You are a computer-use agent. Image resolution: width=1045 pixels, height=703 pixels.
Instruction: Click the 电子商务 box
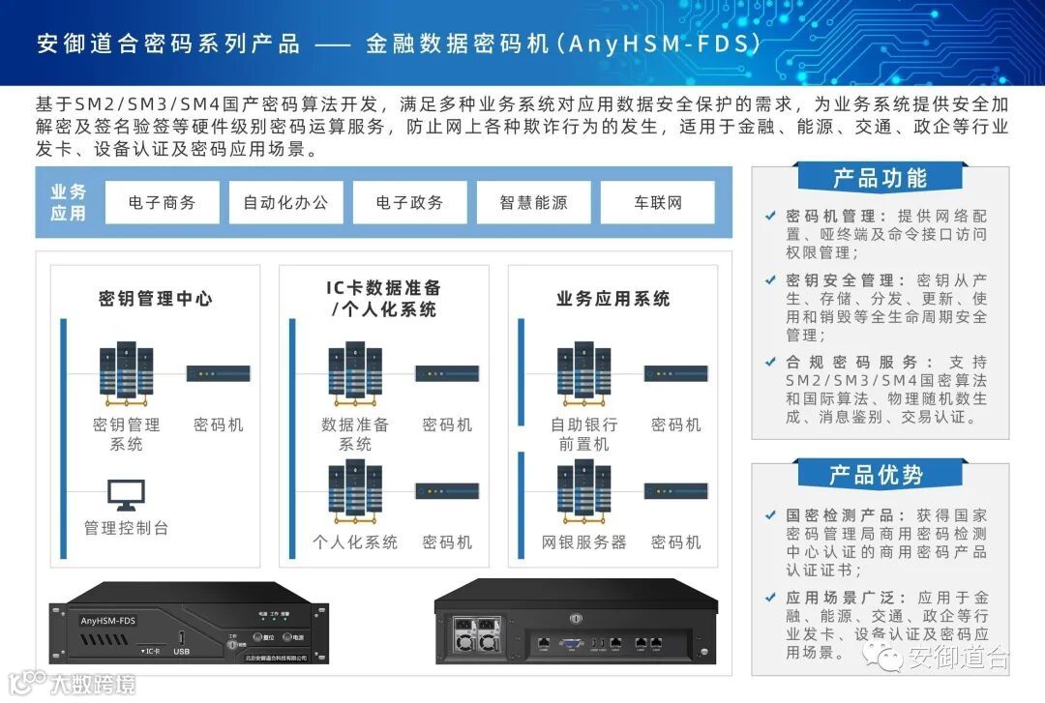point(162,203)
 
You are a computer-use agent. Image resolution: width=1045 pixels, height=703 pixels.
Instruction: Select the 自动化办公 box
point(285,203)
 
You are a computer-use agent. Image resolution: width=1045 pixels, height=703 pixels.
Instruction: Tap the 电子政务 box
point(409,203)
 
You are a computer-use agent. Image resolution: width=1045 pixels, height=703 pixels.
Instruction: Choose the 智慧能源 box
point(533,203)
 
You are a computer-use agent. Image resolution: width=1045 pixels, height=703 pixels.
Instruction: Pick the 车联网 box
point(657,203)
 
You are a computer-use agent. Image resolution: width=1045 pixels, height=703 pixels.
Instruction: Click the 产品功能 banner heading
point(880,179)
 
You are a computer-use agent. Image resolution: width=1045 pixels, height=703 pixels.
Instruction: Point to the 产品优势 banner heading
point(880,475)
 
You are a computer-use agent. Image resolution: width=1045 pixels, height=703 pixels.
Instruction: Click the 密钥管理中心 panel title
point(155,299)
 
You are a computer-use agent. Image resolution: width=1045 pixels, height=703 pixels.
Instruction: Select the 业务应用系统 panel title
point(612,299)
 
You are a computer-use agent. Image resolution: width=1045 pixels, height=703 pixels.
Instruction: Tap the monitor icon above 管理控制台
point(126,496)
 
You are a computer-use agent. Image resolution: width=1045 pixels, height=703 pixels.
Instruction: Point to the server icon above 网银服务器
point(584,491)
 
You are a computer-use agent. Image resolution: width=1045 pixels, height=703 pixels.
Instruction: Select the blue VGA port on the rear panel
point(571,641)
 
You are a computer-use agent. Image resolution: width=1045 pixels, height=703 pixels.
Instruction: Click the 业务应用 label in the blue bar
point(68,203)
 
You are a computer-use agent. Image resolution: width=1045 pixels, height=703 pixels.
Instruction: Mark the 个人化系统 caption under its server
point(355,542)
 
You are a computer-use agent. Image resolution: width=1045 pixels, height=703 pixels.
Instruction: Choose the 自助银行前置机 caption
point(584,434)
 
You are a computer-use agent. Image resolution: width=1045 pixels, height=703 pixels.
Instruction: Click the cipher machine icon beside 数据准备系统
point(447,373)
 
